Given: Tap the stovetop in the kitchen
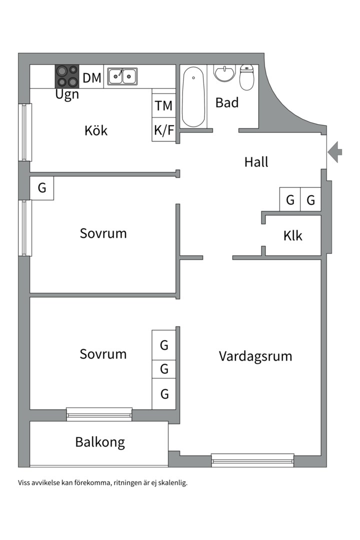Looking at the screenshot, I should (x=67, y=76).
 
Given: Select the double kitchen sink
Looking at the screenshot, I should (x=122, y=76).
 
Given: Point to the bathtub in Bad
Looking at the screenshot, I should (x=193, y=97).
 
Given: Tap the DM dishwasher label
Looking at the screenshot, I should (x=92, y=78).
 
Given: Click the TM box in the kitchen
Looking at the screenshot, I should (x=163, y=105).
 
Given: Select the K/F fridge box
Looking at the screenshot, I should (x=163, y=130).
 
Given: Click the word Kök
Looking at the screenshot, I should (x=96, y=131).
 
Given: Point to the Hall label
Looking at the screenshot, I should (x=256, y=162).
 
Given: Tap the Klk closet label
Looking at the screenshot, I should (x=292, y=235).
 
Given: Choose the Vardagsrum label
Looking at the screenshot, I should (x=255, y=356).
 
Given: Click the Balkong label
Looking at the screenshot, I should (x=100, y=442).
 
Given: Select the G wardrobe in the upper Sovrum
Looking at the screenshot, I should (x=42, y=188).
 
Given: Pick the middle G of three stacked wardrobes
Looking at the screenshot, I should (x=164, y=369).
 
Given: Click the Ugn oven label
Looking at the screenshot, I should (x=67, y=95).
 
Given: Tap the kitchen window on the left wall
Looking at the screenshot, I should (x=25, y=132).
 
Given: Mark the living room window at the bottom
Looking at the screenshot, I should (x=252, y=460).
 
